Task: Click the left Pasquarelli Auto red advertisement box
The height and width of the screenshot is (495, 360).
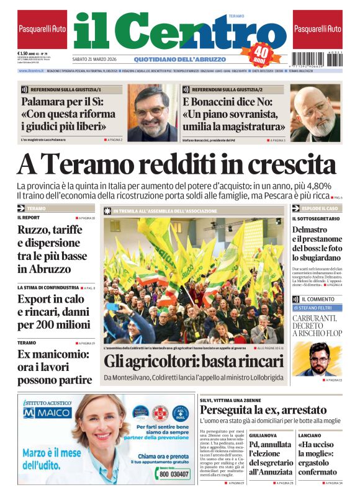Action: (42, 29)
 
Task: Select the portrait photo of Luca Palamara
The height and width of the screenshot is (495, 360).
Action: (152, 112)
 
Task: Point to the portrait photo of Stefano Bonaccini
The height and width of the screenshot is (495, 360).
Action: (315, 114)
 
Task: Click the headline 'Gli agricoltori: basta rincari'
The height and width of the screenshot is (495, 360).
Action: (194, 361)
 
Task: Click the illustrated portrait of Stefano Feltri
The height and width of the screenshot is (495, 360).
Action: (320, 360)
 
